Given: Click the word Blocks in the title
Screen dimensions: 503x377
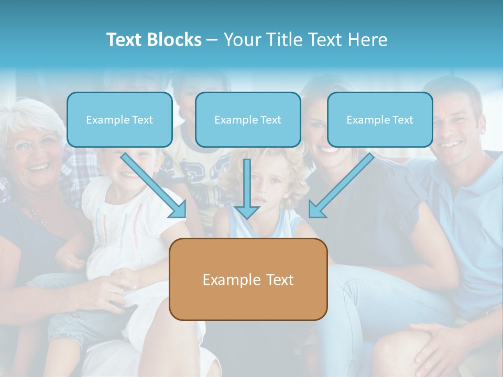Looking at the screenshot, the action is click(174, 39).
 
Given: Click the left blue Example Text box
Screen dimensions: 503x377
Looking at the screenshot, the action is click(119, 119).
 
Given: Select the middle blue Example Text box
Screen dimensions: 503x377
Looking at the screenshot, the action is click(248, 119).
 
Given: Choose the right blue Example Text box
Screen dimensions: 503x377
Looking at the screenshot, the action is click(380, 119).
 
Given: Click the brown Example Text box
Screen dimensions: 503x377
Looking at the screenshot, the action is click(248, 279).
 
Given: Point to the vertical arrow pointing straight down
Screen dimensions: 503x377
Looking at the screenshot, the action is click(247, 189).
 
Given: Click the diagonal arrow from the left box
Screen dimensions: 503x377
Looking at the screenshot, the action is click(154, 186).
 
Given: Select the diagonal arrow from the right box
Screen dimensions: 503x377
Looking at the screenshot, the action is click(341, 185).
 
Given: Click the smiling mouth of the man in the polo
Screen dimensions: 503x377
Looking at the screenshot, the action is click(450, 144).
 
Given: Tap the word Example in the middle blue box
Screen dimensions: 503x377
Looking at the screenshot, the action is click(235, 120).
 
